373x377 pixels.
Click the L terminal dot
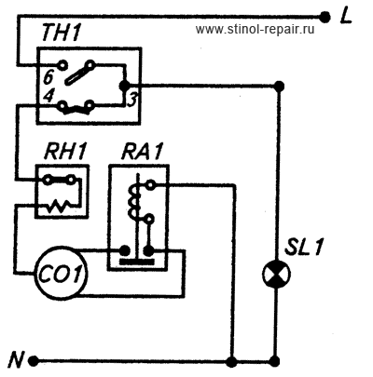coord(325,17)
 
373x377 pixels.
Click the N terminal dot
coord(34,361)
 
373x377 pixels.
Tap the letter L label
coord(345,17)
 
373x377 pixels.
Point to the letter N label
coord(16,360)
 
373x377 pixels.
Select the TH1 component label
coord(61,33)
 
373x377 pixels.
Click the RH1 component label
coord(65,152)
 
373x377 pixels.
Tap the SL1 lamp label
coord(305,247)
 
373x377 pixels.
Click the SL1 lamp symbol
coord(276,274)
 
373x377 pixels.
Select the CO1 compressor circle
coord(61,274)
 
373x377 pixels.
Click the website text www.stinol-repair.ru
coord(255,29)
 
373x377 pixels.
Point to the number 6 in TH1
coord(48,76)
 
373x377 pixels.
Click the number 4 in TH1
coord(48,96)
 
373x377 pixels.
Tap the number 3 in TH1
coord(131,100)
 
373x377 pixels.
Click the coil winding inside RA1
coord(133,202)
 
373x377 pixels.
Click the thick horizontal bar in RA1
coord(137,263)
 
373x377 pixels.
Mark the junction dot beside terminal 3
coord(124,85)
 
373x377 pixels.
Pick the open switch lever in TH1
coord(79,74)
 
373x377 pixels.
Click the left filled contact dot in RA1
coord(125,249)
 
